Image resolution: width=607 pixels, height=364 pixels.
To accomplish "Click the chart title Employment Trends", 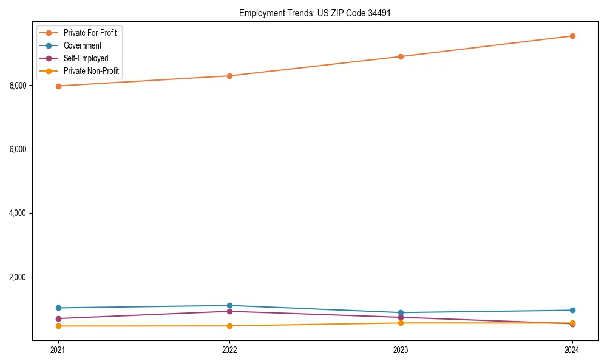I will point(311,13).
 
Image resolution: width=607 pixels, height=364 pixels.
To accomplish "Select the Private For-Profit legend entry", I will point(90,33).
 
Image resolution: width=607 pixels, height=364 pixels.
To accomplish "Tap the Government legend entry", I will point(83,45).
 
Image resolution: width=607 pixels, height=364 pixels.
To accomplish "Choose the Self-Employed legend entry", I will point(86,58).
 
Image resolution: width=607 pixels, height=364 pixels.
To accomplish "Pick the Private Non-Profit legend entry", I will point(91,72).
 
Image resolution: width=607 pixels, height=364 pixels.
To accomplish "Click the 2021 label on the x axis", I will point(58,350).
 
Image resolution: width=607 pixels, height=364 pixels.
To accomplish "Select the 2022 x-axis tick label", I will point(229,350).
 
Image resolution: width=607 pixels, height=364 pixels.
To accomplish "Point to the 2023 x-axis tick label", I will point(401,350).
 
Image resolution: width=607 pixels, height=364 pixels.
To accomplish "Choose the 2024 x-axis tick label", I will point(572,350).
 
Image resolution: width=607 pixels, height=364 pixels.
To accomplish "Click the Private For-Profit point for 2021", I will point(58,86).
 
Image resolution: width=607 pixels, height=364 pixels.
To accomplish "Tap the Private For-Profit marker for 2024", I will point(572,36).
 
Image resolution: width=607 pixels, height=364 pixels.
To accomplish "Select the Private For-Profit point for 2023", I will point(401,56).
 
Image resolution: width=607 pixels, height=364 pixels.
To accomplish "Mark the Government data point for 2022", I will point(229,305).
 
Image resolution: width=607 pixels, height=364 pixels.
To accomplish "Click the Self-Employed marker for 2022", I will point(229,311).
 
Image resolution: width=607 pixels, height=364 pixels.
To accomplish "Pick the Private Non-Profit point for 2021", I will point(58,326).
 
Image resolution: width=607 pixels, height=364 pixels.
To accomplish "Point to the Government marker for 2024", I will point(572,310).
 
